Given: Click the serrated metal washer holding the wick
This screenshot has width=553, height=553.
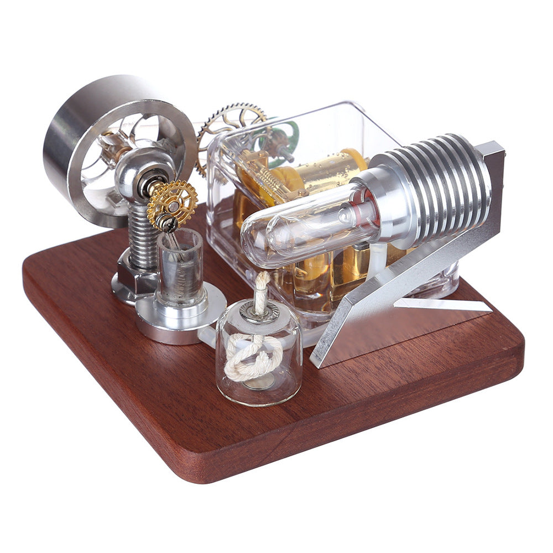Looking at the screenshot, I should (x=259, y=312).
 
